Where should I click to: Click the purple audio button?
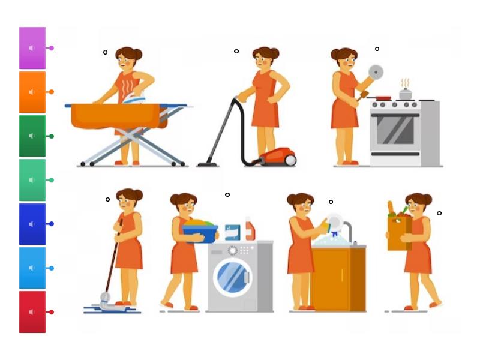pyautogui.click(x=32, y=48)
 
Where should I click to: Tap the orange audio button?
pyautogui.click(x=32, y=92)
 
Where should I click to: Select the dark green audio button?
pyautogui.click(x=32, y=136)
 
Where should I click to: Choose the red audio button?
pyautogui.click(x=32, y=312)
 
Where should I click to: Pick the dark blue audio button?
pyautogui.click(x=32, y=224)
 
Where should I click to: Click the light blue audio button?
pyautogui.click(x=32, y=268)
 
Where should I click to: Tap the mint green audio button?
pyautogui.click(x=32, y=180)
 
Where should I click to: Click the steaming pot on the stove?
pyautogui.click(x=406, y=94)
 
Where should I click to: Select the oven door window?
pyautogui.click(x=394, y=130)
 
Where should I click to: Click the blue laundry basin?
pyautogui.click(x=200, y=232)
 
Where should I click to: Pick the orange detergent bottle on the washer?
pyautogui.click(x=250, y=230)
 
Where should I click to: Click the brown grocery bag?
pyautogui.click(x=398, y=232)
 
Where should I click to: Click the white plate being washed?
pyautogui.click(x=335, y=222)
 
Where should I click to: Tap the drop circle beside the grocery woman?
pyautogui.click(x=439, y=213)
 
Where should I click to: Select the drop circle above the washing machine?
pyautogui.click(x=227, y=194)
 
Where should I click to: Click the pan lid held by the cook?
pyautogui.click(x=376, y=72)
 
